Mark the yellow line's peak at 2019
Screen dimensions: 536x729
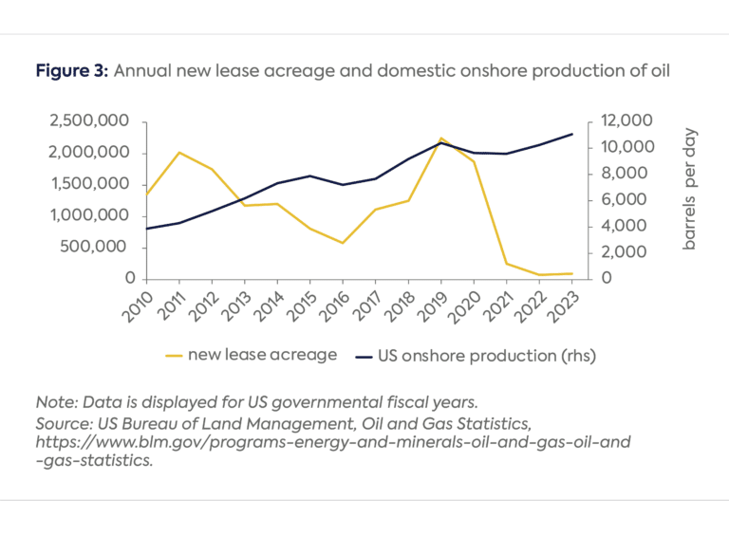441,139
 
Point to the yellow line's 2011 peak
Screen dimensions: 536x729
178,152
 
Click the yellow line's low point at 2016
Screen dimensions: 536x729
343,243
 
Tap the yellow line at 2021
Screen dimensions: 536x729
507,264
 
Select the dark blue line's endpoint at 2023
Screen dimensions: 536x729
572,134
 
